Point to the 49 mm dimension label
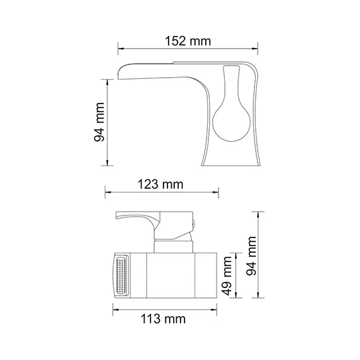(228, 275)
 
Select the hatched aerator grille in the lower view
(121, 275)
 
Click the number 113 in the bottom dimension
(152, 319)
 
